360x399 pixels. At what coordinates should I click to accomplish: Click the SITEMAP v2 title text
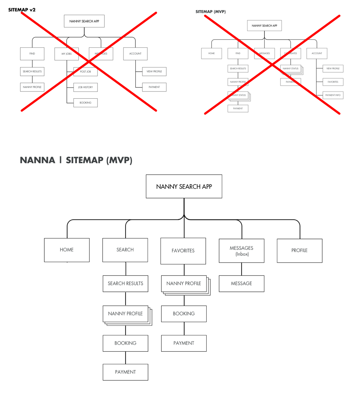coord(22,10)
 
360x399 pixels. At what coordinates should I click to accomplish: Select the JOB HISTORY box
coord(85,87)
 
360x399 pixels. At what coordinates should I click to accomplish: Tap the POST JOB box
coord(85,71)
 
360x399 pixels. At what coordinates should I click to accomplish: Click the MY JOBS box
coord(66,54)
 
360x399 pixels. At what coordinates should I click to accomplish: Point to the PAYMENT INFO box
coord(333,95)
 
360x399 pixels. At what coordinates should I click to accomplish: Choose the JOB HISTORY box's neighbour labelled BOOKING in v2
coord(85,102)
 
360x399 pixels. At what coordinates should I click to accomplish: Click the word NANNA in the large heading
coord(37,160)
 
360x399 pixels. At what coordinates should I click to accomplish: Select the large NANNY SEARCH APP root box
coord(184,186)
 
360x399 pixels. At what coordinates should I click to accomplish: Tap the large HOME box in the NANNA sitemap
coord(67,250)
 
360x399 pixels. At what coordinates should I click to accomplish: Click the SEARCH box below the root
coord(125,250)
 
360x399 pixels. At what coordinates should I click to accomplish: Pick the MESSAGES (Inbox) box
coord(241,250)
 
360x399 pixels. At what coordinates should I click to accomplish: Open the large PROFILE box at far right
coord(299,250)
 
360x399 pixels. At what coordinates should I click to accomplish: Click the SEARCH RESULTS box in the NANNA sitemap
coord(125,283)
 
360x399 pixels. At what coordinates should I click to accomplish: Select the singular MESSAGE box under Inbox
coord(241,283)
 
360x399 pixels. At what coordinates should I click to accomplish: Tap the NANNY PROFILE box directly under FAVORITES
coord(184,283)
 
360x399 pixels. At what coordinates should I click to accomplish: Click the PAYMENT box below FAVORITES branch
coord(184,343)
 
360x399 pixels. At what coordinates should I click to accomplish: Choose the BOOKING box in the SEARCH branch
coord(125,343)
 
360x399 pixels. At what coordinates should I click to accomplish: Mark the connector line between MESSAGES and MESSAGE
coord(241,269)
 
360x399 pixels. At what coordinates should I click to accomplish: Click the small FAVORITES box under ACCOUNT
coord(333,82)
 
